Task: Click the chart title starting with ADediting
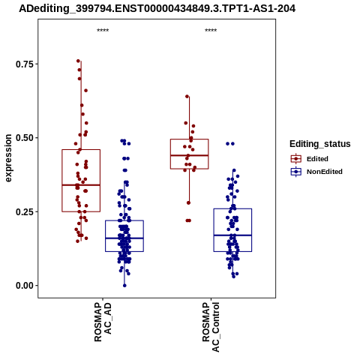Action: coord(157,9)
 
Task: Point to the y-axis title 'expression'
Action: coord(8,158)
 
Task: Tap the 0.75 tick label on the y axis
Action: coord(25,64)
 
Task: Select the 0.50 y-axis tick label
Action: coord(25,138)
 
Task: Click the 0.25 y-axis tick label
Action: coord(25,211)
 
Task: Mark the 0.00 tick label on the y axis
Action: coord(25,286)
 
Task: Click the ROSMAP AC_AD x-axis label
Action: coord(103,322)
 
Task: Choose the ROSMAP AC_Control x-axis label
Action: coord(211,327)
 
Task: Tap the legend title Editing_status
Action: coord(320,144)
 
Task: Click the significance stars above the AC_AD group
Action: coord(103,31)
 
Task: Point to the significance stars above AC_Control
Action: coord(211,31)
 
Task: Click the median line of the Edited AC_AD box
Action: coord(81,185)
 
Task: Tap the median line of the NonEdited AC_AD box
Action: coord(124,238)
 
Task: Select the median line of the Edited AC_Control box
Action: coord(189,155)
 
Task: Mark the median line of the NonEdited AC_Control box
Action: coord(232,235)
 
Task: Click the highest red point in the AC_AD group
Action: coord(78,61)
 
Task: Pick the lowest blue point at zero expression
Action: coord(124,286)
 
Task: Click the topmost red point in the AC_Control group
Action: coord(187,97)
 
